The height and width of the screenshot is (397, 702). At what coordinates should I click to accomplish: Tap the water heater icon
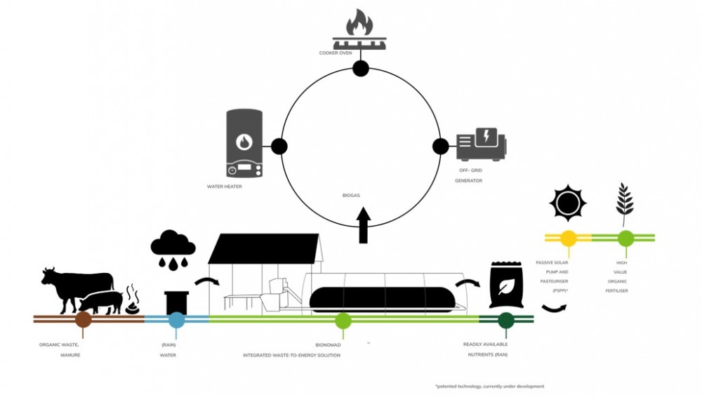(243, 143)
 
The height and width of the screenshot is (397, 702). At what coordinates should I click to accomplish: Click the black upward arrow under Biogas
(363, 226)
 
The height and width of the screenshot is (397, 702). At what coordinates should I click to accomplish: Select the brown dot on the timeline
(84, 320)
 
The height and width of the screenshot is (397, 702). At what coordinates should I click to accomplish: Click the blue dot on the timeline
(177, 320)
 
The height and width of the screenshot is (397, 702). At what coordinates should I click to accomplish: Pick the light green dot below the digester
(343, 321)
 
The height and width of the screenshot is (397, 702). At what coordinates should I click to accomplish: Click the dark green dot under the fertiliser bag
(505, 321)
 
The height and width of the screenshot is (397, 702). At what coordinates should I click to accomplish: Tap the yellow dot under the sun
(568, 238)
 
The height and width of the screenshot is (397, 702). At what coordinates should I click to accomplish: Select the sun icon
(567, 203)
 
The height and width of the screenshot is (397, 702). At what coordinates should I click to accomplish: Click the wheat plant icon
(624, 203)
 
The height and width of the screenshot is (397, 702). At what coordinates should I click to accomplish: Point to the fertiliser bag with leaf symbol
(505, 285)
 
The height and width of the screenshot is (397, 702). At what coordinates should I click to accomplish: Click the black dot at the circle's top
(360, 68)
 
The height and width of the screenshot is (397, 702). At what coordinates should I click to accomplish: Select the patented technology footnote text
(489, 386)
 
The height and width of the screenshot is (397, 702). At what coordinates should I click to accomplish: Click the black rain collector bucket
(175, 302)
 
